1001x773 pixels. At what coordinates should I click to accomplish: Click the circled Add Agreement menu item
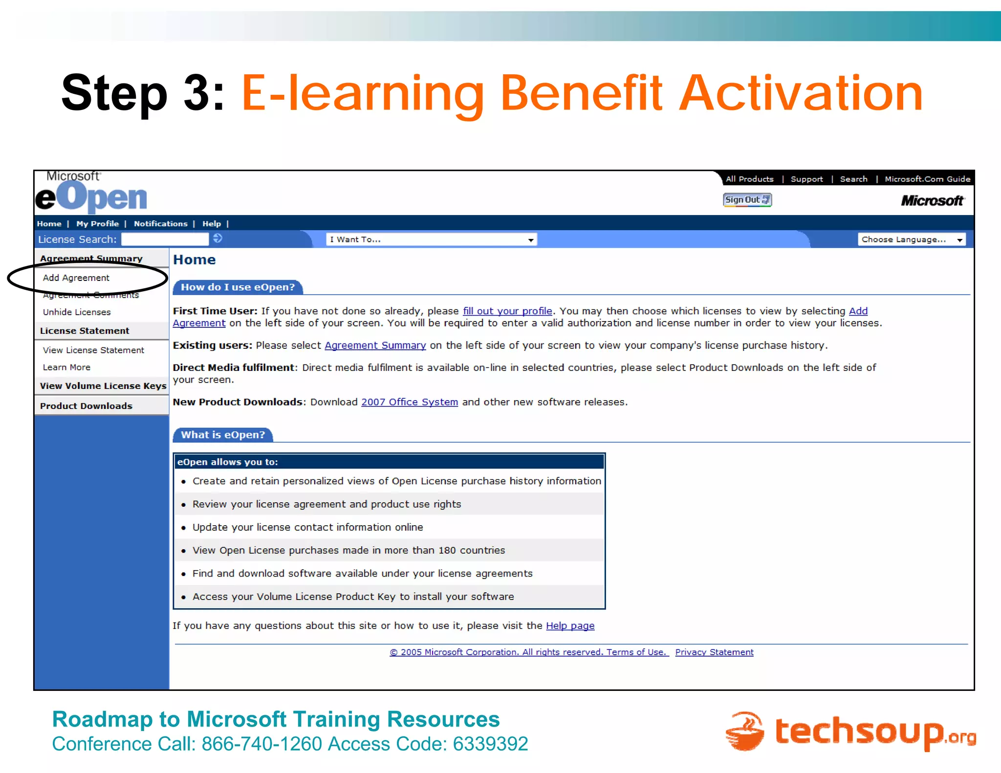coord(76,278)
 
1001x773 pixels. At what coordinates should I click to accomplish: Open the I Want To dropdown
coord(431,239)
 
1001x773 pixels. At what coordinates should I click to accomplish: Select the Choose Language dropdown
coord(911,239)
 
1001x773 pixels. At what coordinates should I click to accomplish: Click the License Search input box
coord(165,239)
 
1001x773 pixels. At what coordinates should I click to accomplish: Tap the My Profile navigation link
coord(97,224)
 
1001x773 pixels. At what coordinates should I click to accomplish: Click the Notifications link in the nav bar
coord(160,224)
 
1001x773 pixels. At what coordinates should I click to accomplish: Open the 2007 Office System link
coord(409,402)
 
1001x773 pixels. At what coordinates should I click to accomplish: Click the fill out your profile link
coord(507,311)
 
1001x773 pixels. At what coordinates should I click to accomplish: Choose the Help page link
coord(570,626)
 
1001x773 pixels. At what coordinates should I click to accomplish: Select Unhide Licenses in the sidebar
coord(77,312)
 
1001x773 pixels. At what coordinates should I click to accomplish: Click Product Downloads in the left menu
coord(86,406)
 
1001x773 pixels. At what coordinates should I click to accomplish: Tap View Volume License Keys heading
coord(103,386)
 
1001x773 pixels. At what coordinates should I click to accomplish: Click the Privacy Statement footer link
coord(714,652)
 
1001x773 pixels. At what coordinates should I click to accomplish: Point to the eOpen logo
coord(91,195)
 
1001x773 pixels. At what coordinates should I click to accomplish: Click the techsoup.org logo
coord(850,731)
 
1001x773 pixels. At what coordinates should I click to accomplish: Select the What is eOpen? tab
coord(223,435)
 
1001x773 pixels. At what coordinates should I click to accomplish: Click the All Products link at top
coord(749,179)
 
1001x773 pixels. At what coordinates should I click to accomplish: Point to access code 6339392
coord(490,744)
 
